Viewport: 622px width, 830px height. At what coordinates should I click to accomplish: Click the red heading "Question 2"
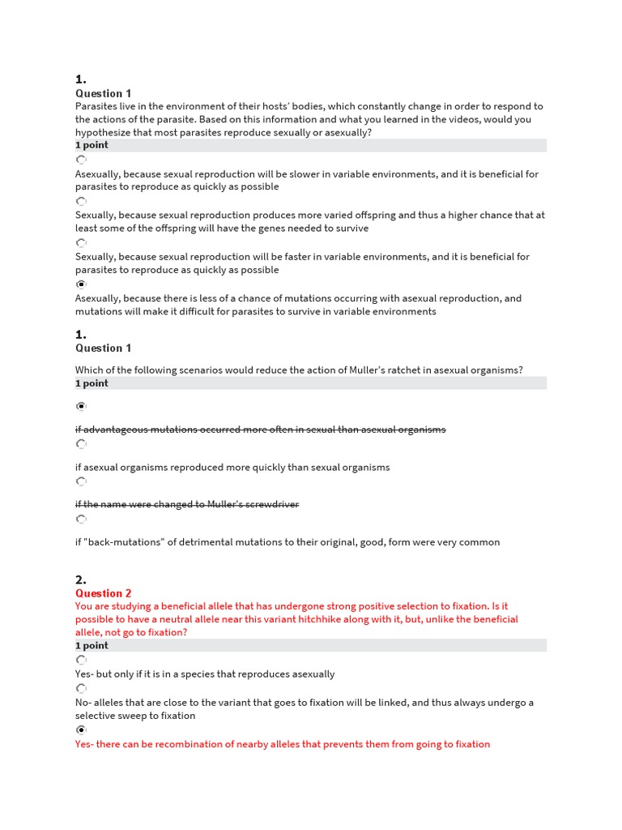click(x=103, y=593)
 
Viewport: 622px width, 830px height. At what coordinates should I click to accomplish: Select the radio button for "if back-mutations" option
click(x=80, y=520)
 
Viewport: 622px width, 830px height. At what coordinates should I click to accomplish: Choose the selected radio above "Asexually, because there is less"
click(x=80, y=285)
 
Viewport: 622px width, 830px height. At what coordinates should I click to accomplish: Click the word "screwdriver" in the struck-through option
click(x=272, y=504)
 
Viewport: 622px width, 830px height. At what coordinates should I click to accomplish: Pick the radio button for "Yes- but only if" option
click(x=80, y=661)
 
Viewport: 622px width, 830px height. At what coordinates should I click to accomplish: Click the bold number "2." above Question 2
click(x=81, y=580)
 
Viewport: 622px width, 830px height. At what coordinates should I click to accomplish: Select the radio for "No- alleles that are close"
click(x=80, y=689)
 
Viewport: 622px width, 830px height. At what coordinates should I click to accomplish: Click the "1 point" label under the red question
click(x=92, y=645)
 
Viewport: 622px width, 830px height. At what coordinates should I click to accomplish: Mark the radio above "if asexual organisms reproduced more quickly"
click(x=80, y=444)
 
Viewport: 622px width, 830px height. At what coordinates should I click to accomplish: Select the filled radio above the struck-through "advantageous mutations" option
click(x=80, y=406)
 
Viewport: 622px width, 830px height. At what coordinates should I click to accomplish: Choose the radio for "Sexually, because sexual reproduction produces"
click(x=80, y=201)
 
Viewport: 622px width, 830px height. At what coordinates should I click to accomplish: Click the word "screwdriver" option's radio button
click(x=80, y=481)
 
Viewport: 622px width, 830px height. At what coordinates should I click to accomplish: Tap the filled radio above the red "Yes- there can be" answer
click(x=80, y=730)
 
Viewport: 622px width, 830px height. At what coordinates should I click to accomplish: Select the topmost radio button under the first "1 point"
click(x=80, y=160)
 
